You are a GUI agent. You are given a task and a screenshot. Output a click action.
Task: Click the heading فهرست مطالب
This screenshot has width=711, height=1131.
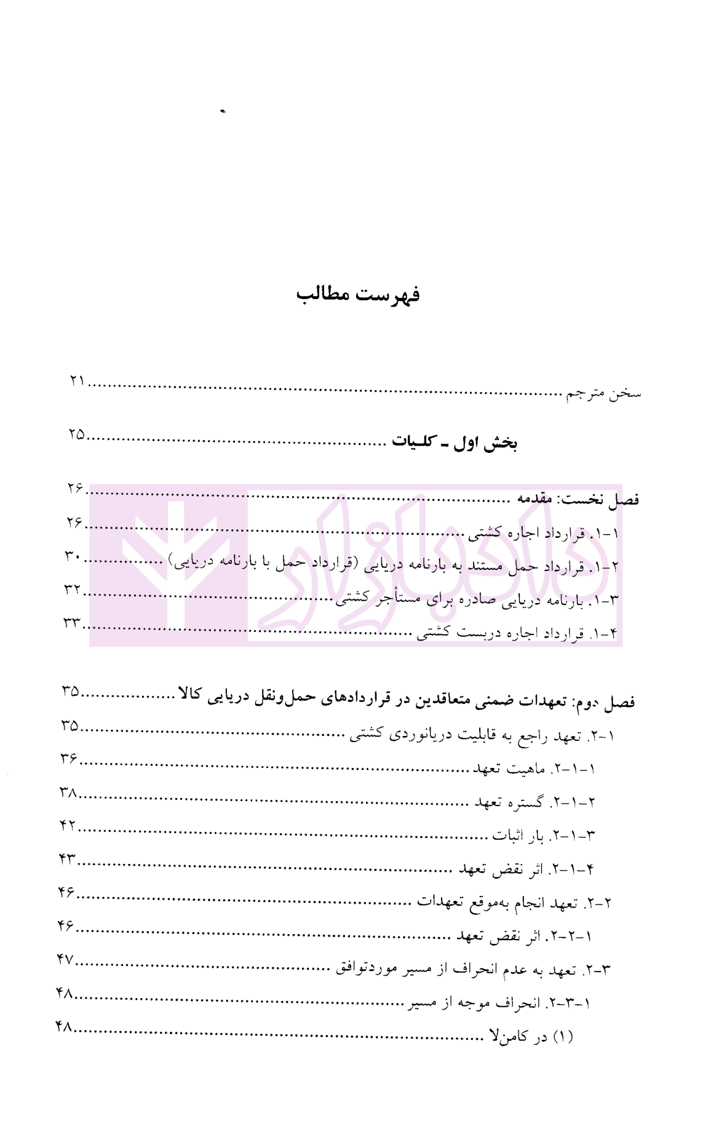click(x=358, y=294)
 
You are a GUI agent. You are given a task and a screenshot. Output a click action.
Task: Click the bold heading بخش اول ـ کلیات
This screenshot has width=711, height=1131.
click(x=455, y=443)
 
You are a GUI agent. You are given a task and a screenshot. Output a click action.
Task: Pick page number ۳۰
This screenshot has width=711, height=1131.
click(x=74, y=556)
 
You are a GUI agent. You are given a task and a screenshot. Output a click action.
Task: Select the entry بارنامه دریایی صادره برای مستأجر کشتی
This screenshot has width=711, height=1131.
click(x=477, y=599)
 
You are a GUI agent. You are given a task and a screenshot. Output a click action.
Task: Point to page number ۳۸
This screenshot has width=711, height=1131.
click(x=68, y=793)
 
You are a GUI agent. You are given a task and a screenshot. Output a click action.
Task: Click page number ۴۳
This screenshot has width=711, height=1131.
click(x=68, y=859)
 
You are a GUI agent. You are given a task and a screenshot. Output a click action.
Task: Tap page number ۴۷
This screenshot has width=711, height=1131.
click(x=66, y=959)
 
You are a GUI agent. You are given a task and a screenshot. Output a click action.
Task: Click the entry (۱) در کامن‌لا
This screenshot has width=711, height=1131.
click(x=531, y=1037)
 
